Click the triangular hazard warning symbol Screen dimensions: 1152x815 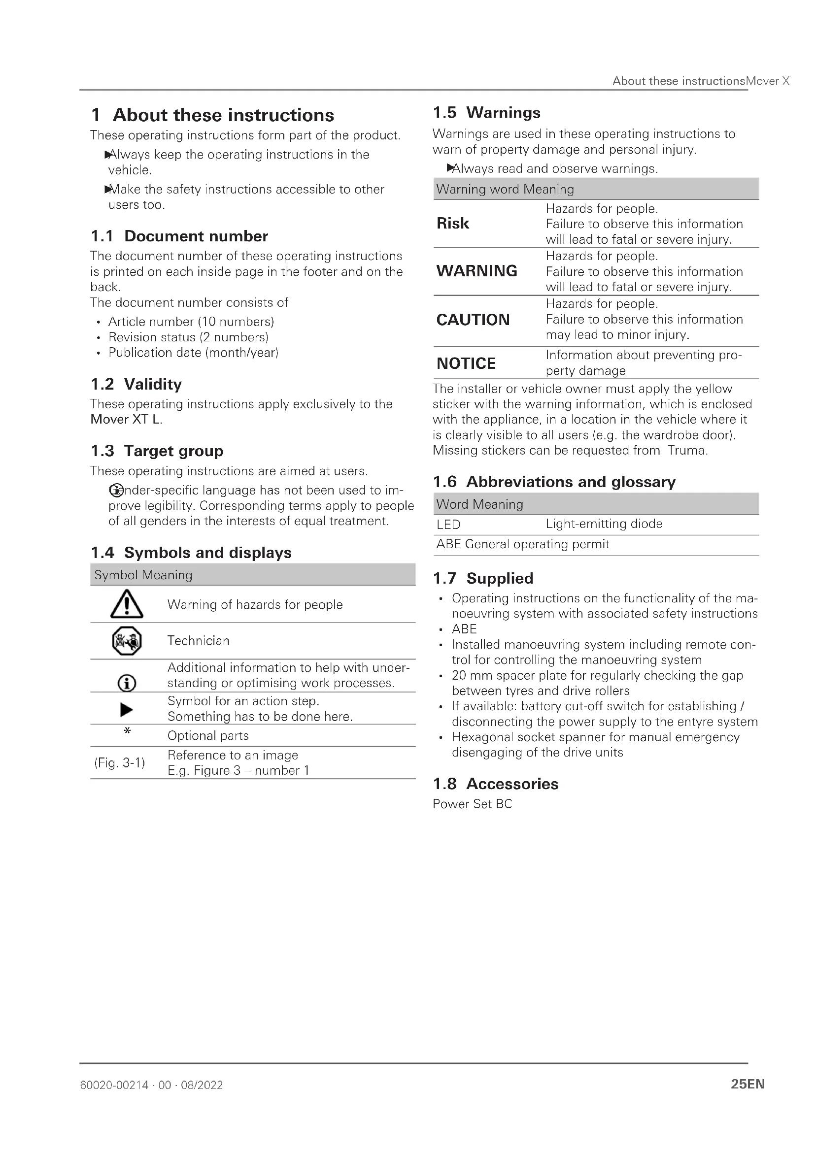tap(127, 604)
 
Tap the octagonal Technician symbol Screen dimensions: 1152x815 tap(127, 641)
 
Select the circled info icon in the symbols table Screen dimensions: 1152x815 tap(127, 683)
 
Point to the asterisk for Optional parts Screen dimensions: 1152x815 tap(127, 731)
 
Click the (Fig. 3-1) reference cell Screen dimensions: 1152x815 tap(119, 762)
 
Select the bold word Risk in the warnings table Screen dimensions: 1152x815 tap(453, 223)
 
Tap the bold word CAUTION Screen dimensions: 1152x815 tap(473, 320)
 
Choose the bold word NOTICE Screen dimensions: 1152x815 tap(466, 363)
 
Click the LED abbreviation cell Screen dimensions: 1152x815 tap(448, 525)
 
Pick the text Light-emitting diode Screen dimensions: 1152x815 tap(604, 524)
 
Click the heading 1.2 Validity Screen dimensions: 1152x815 tap(136, 384)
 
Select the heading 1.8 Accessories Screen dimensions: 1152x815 tap(495, 784)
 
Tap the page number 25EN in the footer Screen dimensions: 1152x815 tap(747, 1084)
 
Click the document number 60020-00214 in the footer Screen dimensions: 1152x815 tap(114, 1085)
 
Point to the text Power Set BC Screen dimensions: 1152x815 tap(472, 804)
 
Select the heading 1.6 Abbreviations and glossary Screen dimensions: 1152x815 tap(554, 482)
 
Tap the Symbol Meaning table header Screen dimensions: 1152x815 tap(143, 575)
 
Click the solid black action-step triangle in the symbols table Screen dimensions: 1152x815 tap(127, 709)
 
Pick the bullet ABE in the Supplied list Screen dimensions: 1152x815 tap(464, 629)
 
